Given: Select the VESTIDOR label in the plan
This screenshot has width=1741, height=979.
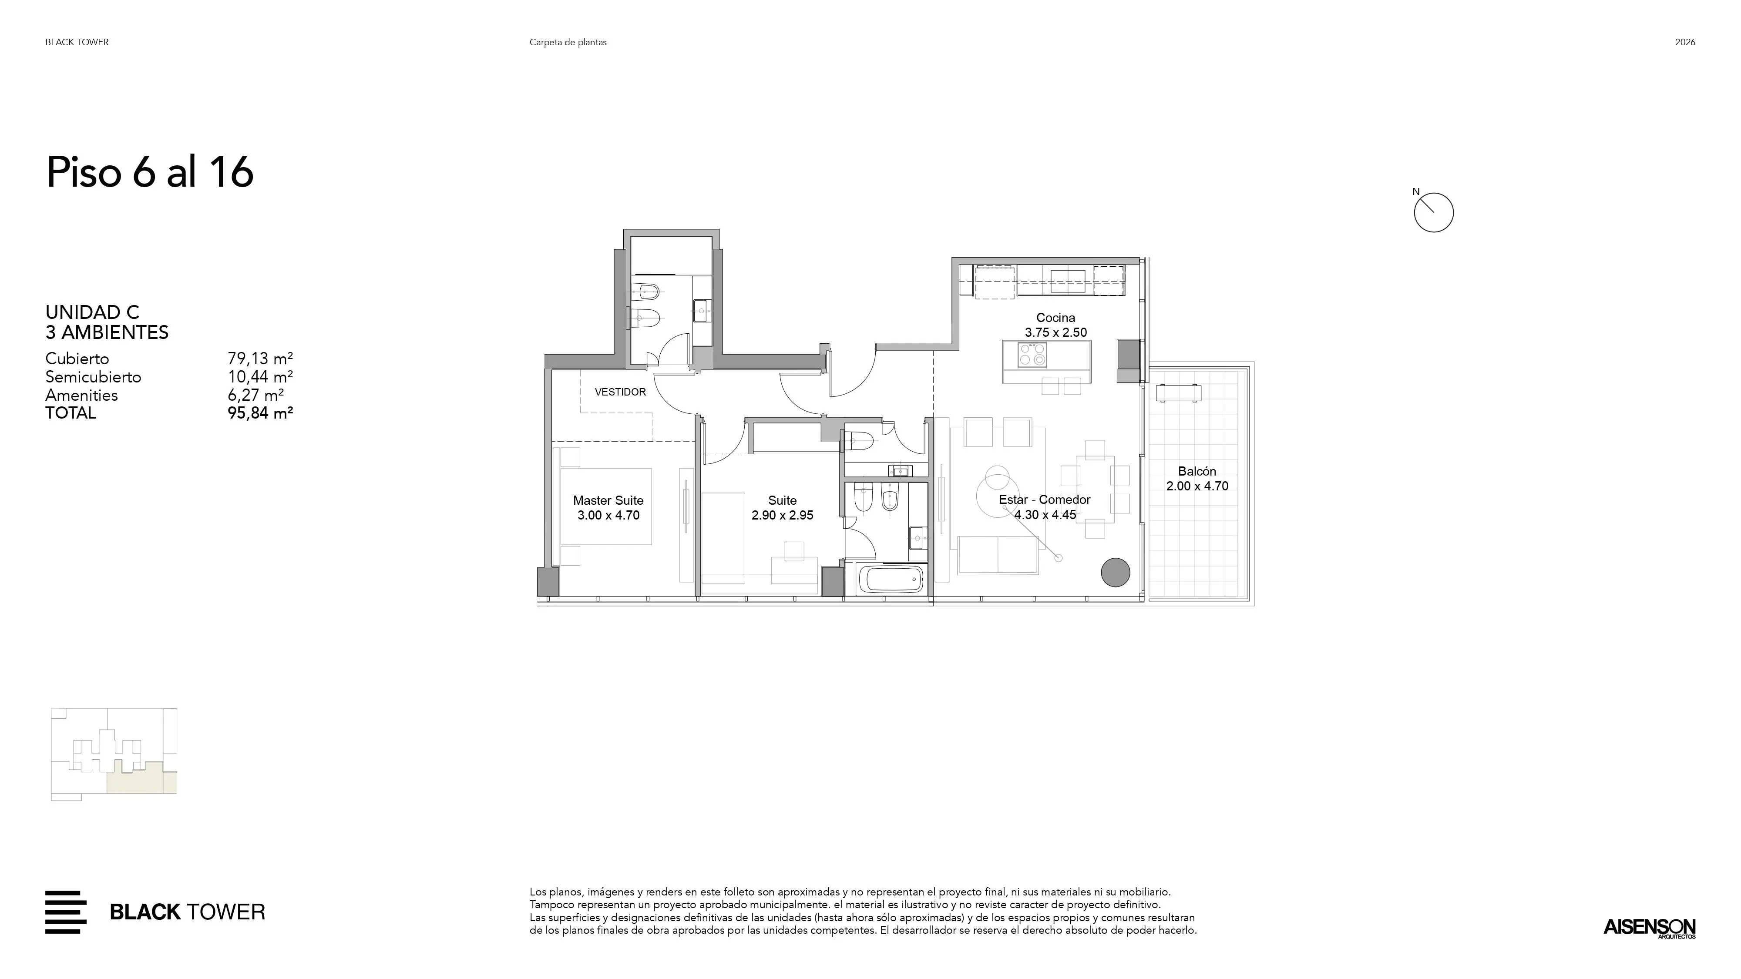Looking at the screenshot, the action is (x=620, y=392).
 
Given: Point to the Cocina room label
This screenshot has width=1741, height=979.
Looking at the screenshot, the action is (x=1055, y=318).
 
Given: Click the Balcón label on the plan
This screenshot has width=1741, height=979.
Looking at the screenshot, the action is (x=1197, y=472).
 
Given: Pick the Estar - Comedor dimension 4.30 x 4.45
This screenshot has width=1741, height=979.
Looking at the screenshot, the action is (x=1045, y=515).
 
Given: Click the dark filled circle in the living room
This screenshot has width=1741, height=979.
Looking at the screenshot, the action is (x=1115, y=572).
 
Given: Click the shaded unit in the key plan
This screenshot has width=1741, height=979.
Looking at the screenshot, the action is (x=142, y=778).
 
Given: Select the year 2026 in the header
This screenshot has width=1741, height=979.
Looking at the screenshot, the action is (x=1685, y=42).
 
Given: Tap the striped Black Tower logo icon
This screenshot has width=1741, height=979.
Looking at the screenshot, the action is (x=66, y=912).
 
